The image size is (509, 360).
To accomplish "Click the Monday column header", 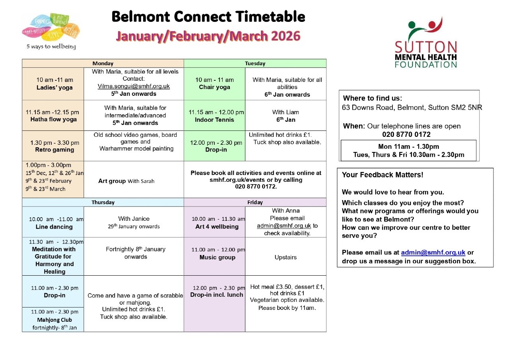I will coord(103,63).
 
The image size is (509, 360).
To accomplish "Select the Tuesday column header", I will coord(255,63).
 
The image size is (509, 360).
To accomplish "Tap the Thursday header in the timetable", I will coord(103,202).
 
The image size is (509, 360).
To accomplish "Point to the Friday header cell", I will coord(255,202).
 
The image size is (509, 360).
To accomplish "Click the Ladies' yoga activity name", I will coord(54,88).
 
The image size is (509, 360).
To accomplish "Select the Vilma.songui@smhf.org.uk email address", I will coord(134,86).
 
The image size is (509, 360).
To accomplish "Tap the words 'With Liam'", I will coord(285,112).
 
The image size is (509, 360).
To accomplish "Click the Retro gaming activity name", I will coord(54,150).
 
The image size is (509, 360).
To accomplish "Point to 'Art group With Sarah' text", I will coord(126,181).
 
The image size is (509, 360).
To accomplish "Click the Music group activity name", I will coord(217,257).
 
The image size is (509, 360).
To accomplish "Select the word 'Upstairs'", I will coord(285,257).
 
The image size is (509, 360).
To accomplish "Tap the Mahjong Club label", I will coord(54,320).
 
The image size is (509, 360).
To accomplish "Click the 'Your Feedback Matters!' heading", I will coord(382,175).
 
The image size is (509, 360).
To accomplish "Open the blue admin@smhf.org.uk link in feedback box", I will coord(433,253).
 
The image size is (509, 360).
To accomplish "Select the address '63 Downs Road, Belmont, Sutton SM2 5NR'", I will coord(412,107).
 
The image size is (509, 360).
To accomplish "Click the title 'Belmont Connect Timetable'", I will coord(208,17).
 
